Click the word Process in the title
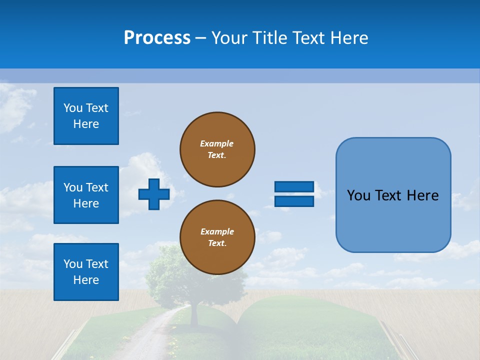tap(156, 38)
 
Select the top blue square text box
tap(86, 116)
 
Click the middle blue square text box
tap(86, 195)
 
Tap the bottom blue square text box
tap(86, 272)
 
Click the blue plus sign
tap(154, 194)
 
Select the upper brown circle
tap(217, 149)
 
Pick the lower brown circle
tap(217, 237)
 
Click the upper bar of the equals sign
tap(294, 186)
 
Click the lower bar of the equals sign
tap(294, 201)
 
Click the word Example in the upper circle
tap(216, 143)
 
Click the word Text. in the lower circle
tap(217, 243)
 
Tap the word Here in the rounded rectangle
tap(422, 195)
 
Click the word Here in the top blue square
tap(86, 124)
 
